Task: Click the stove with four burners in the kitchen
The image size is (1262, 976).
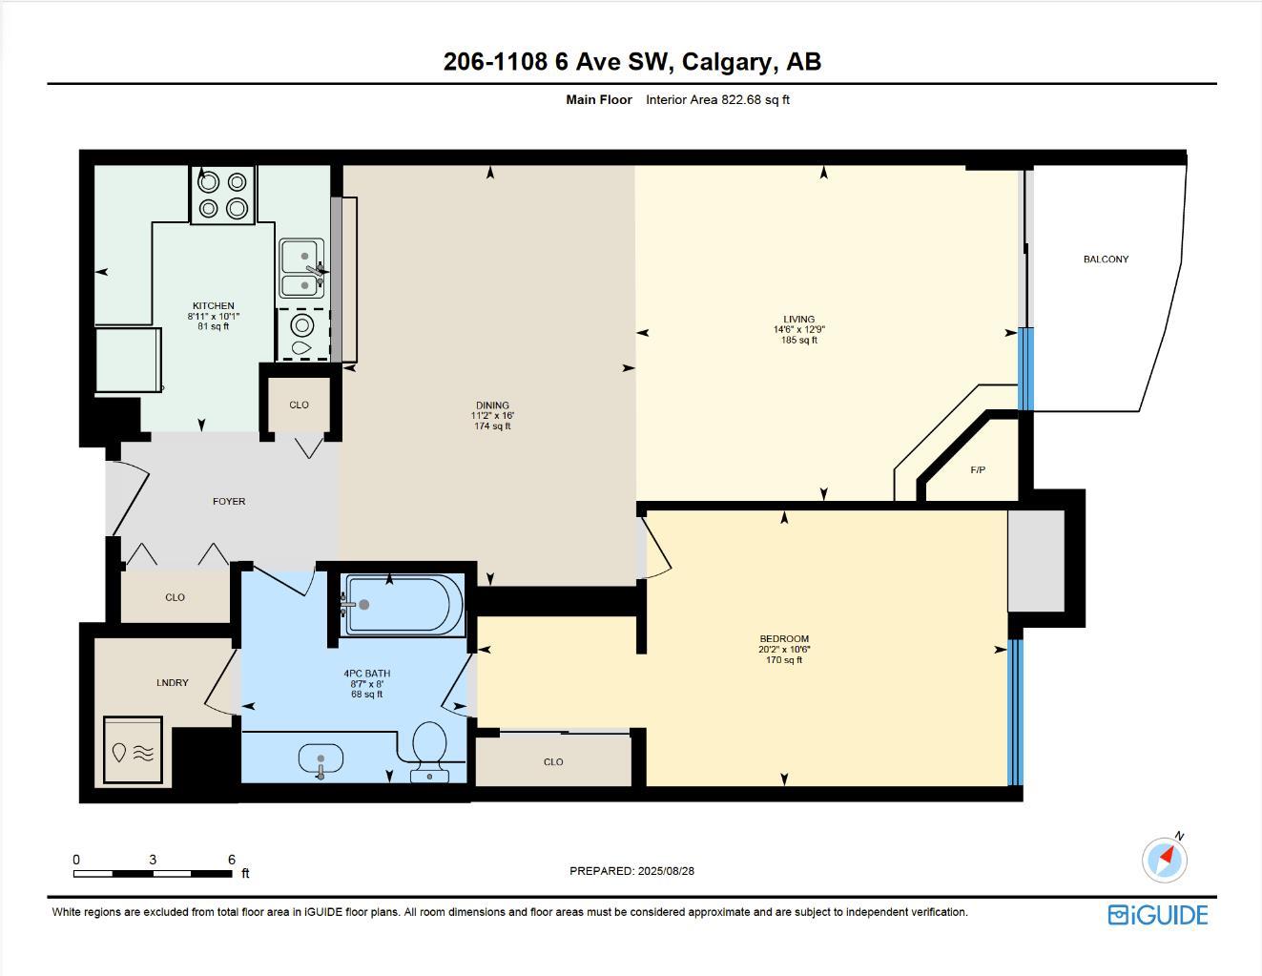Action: [222, 195]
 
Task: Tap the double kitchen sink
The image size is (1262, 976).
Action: [300, 269]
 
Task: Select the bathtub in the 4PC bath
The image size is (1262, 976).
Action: [403, 605]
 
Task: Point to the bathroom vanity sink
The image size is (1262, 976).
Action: [321, 761]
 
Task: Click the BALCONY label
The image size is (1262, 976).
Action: [1106, 260]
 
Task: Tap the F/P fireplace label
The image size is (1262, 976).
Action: [978, 470]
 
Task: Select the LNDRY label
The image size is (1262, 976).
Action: [173, 683]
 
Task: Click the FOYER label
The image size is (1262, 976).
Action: [229, 502]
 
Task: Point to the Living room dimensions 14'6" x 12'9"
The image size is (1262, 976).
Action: [798, 330]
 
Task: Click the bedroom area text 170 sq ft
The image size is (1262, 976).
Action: [784, 660]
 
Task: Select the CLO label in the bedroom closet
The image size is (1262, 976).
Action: [553, 762]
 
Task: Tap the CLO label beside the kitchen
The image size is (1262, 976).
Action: [299, 405]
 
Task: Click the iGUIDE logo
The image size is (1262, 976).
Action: [1157, 915]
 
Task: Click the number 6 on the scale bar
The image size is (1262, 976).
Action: [232, 860]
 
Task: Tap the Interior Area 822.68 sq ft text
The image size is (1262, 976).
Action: [717, 100]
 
